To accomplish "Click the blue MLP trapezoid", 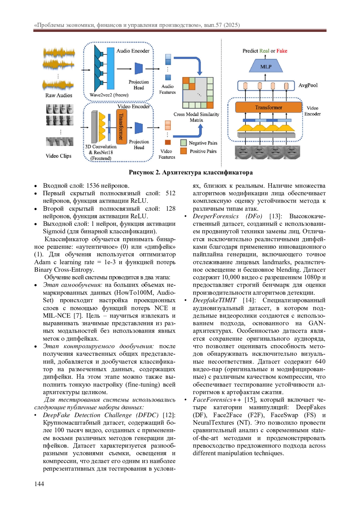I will pos(265,66).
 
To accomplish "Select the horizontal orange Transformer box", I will pos(268,107).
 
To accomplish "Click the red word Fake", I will pos(282,51).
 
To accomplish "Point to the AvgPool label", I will pos(308,85).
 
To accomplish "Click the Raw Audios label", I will pos(59,95).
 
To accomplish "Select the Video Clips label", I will pos(58,156).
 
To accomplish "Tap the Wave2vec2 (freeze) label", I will pos(109,95).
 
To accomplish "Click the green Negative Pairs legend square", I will pos(183,143).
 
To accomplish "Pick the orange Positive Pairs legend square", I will pos(183,151).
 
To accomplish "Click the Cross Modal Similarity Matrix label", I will pos(196,117).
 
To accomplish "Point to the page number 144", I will pos(39,484).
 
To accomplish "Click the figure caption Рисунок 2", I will pos(190,172).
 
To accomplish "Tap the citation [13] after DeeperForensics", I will pos(275,216).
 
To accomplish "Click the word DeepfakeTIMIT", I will pos(214,300).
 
